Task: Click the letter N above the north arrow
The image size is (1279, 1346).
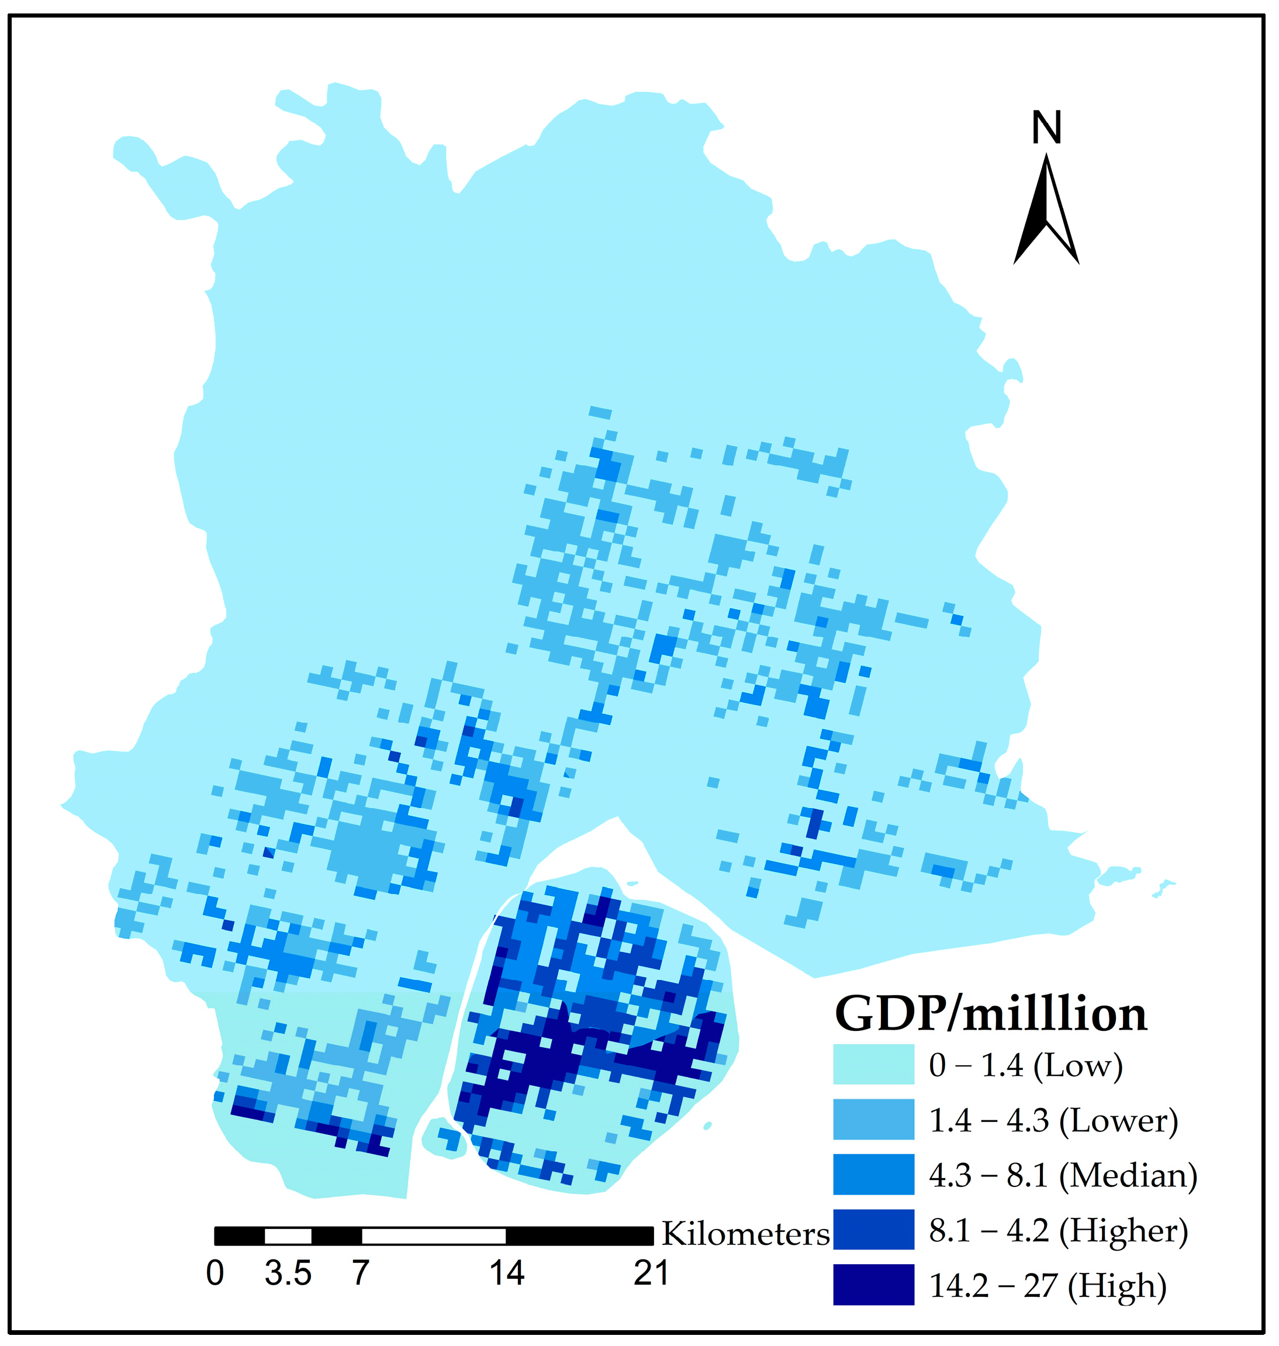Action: click(1046, 127)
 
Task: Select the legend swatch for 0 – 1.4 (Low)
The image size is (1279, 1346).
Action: click(873, 1064)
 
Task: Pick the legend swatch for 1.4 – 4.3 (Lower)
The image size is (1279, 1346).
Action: click(873, 1120)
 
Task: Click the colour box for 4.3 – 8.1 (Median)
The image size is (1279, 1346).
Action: click(873, 1175)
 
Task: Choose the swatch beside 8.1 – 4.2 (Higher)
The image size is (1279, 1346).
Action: click(873, 1230)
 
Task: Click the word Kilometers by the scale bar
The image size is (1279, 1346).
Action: click(745, 1234)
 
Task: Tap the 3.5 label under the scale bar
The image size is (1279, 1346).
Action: click(288, 1273)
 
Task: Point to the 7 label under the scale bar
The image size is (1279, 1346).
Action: click(361, 1273)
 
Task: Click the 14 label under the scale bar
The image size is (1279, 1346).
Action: click(507, 1273)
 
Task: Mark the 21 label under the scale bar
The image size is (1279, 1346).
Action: click(651, 1273)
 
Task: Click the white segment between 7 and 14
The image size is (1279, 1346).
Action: click(434, 1236)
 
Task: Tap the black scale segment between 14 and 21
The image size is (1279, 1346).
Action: click(579, 1236)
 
